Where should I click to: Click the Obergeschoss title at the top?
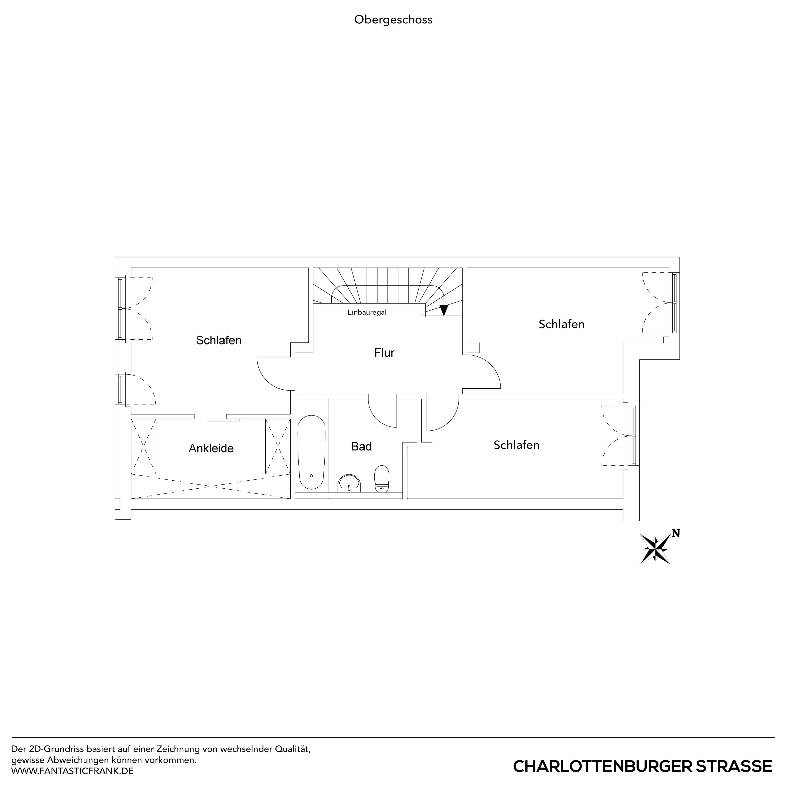[x=393, y=20]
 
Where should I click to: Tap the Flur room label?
[x=384, y=353]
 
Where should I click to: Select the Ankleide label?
[x=211, y=448]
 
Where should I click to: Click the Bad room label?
[x=361, y=446]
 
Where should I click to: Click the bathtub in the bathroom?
[x=312, y=452]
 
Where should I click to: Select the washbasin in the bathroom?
[x=349, y=483]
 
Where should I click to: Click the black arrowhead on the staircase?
[x=444, y=310]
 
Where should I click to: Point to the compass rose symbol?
[x=655, y=549]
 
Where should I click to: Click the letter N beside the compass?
[x=676, y=533]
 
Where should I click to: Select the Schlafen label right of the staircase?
[x=561, y=324]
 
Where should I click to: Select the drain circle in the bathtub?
[x=311, y=476]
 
